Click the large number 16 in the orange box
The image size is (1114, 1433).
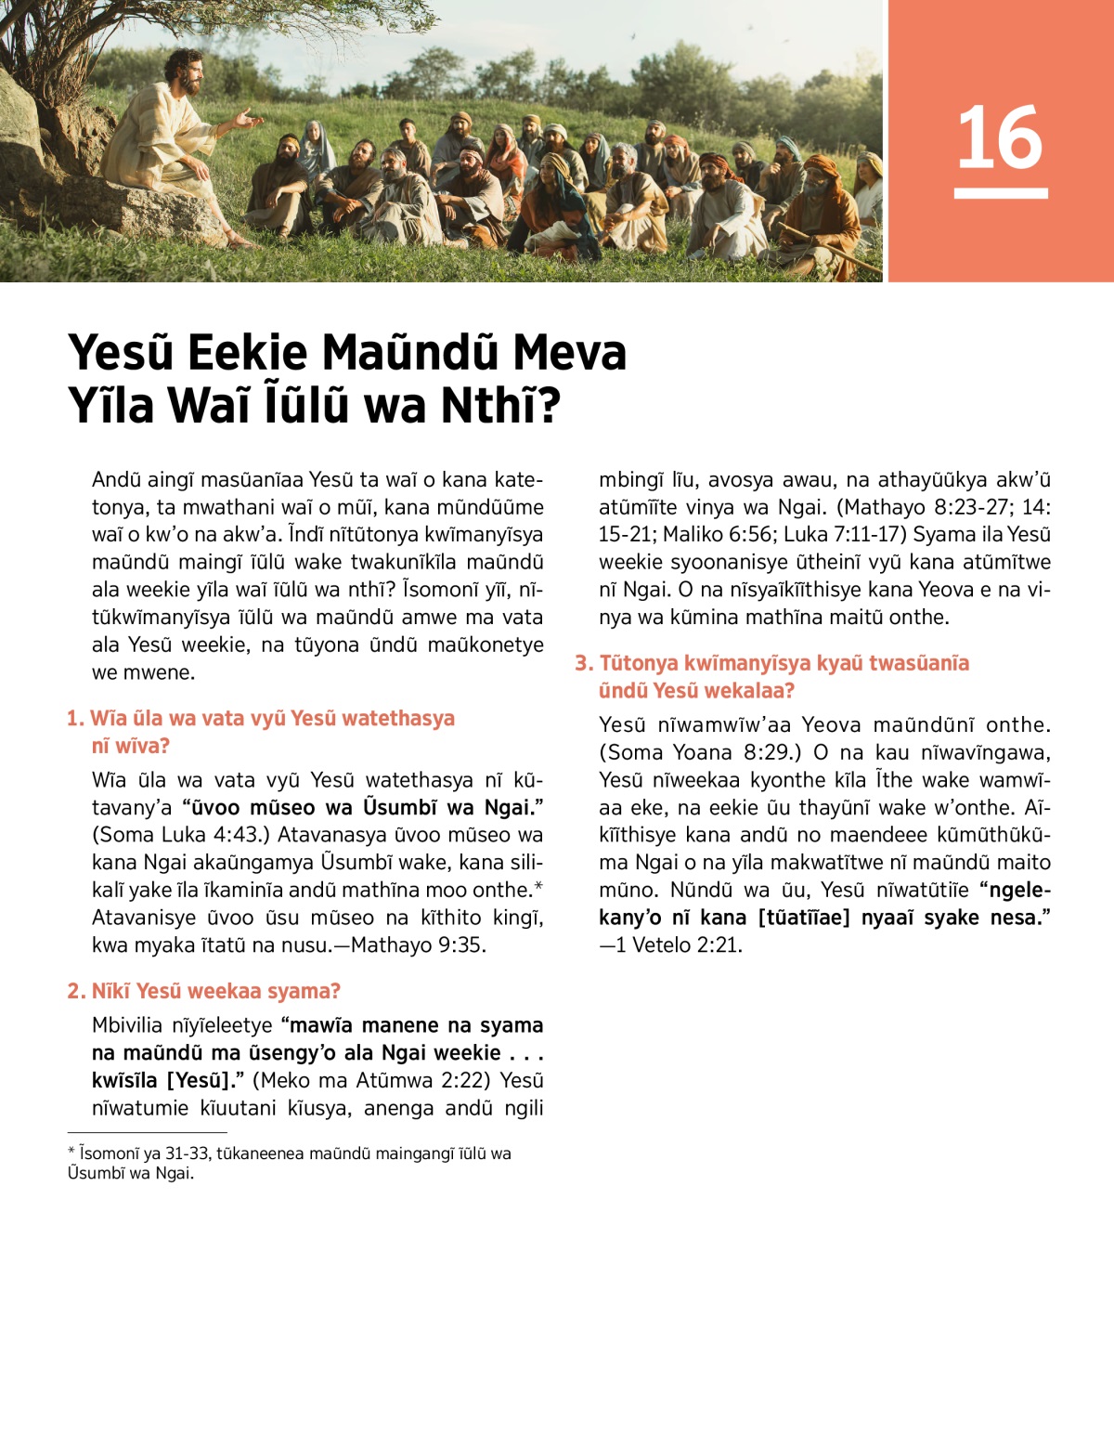point(1000,137)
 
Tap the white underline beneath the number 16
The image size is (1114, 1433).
point(1000,193)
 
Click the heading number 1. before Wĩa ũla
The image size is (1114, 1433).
point(75,719)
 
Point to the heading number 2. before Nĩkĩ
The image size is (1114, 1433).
point(76,992)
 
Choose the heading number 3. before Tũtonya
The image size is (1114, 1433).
point(583,663)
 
